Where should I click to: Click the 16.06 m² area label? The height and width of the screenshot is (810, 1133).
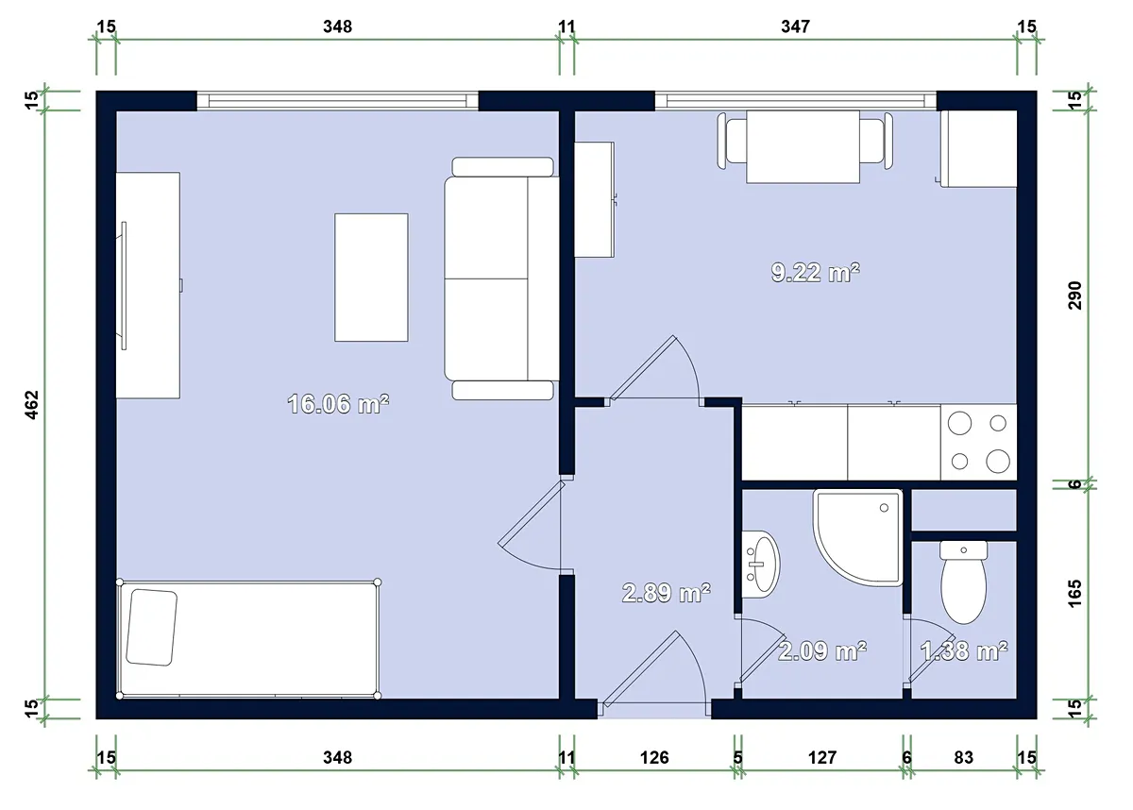[x=338, y=404]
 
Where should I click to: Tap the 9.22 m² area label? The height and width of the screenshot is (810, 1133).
[x=816, y=273]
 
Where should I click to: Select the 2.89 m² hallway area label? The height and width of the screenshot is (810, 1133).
[x=667, y=593]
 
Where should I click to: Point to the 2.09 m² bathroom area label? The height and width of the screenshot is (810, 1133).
[x=822, y=650]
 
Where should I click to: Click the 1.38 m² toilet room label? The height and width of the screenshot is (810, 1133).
[x=964, y=650]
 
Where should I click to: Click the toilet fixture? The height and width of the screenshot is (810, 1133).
[x=964, y=582]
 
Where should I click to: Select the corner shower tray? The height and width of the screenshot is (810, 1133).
[x=858, y=537]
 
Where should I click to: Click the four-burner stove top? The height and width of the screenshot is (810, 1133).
[x=979, y=442]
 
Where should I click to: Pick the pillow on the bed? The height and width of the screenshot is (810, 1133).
[x=152, y=627]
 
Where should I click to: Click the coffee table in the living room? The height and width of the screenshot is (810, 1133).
[x=371, y=278]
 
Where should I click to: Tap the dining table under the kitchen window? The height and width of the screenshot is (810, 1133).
[x=803, y=146]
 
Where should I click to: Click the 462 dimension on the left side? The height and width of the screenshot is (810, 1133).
[x=31, y=404]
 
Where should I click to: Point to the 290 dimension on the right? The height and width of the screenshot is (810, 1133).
[x=1074, y=295]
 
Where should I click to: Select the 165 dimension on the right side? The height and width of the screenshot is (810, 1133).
[x=1074, y=594]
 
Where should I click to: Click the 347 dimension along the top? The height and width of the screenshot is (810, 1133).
[x=795, y=26]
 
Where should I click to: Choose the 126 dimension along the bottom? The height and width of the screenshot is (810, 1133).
[x=654, y=757]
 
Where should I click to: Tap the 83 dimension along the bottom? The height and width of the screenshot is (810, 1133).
[x=964, y=757]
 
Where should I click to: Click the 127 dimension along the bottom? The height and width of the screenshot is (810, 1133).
[x=822, y=757]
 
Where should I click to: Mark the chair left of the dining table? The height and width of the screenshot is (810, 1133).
[x=732, y=141]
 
